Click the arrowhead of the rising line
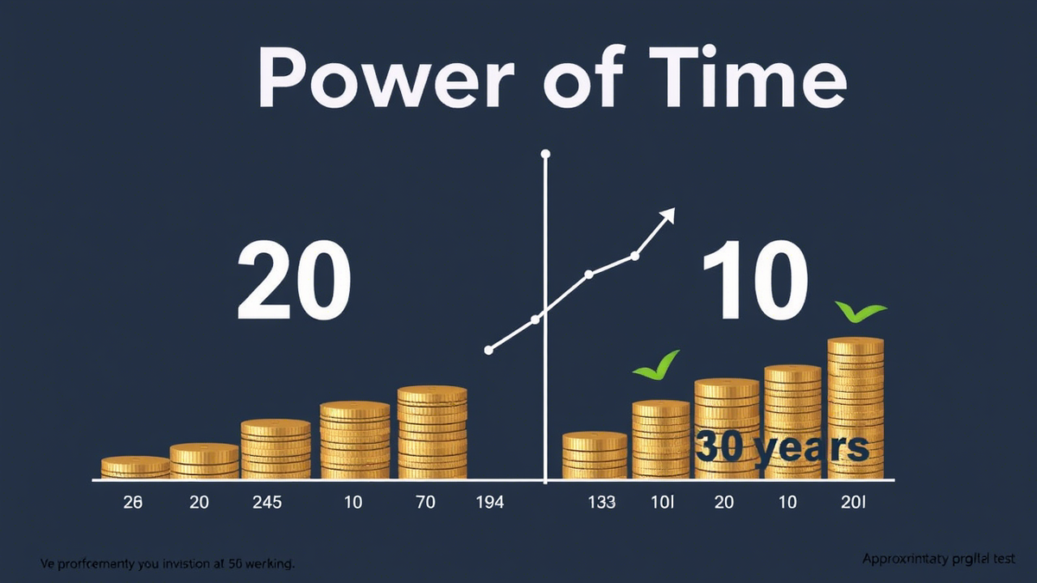[x=667, y=214]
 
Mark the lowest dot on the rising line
[x=489, y=350]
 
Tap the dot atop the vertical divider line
[x=545, y=155]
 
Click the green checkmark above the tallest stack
[x=860, y=312]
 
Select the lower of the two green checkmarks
[x=657, y=366]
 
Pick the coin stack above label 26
[x=136, y=467]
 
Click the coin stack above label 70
[x=432, y=433]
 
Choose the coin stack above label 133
[x=595, y=455]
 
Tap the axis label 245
[x=267, y=503]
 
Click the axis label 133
[x=601, y=503]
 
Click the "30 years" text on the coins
[x=781, y=447]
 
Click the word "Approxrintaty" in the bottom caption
[x=904, y=560]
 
